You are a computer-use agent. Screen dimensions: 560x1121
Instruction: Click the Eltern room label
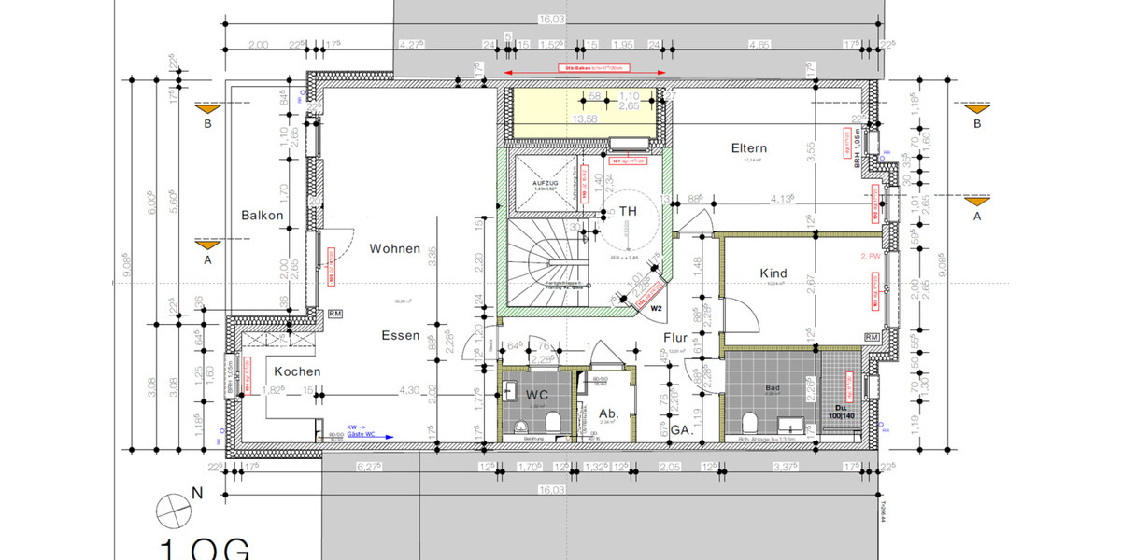pyautogui.click(x=749, y=148)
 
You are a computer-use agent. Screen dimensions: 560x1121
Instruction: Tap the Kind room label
pyautogui.click(x=773, y=273)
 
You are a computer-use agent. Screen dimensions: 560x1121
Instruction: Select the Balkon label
pyautogui.click(x=262, y=216)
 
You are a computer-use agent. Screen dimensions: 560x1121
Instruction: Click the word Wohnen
pyautogui.click(x=394, y=249)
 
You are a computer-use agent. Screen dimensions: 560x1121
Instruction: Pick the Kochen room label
pyautogui.click(x=297, y=371)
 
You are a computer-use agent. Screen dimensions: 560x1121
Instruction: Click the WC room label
pyautogui.click(x=536, y=394)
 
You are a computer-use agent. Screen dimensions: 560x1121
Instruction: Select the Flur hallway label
pyautogui.click(x=676, y=338)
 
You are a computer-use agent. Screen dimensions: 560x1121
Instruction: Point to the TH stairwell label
pyautogui.click(x=628, y=211)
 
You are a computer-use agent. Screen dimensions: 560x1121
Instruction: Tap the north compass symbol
pyautogui.click(x=175, y=510)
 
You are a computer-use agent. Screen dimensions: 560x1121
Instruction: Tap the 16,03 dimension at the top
pyautogui.click(x=551, y=19)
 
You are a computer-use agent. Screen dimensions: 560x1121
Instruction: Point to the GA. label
pyautogui.click(x=680, y=431)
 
